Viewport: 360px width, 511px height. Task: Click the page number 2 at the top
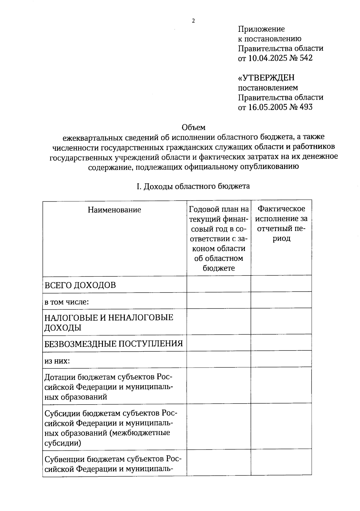193,21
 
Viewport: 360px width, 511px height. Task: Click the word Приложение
261,29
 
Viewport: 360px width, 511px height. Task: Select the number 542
305,58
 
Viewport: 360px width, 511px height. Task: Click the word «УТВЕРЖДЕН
266,78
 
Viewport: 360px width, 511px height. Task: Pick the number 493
305,107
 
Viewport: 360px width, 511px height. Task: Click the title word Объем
193,128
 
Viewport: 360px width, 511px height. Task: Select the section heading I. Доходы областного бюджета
193,186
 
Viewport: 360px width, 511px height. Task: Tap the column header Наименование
114,210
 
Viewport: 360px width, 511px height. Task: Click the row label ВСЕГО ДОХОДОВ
80,285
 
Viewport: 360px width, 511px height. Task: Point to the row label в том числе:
67,302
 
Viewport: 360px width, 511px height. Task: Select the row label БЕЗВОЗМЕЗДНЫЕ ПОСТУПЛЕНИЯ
113,344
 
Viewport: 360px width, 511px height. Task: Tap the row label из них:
57,361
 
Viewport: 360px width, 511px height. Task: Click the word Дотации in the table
60,377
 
